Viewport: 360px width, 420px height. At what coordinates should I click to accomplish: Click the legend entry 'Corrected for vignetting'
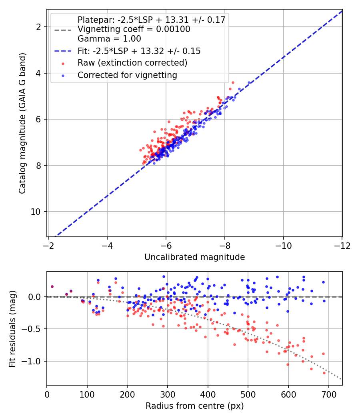[127, 75]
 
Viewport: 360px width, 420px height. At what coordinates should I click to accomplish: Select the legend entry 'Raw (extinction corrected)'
[132, 63]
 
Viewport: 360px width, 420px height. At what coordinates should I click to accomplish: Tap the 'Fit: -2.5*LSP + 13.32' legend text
[139, 51]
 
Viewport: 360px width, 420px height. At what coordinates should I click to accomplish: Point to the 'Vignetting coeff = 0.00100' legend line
[134, 29]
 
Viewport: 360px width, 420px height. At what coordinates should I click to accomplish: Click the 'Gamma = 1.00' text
[109, 39]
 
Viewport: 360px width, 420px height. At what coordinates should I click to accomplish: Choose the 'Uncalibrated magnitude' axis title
[194, 257]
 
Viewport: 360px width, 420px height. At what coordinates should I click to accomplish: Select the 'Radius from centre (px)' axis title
[194, 406]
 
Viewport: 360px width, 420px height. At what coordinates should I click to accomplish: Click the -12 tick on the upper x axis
[342, 245]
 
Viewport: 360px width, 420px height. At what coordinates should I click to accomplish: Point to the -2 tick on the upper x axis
[48, 245]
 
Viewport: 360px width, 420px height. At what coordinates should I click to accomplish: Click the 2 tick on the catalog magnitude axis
[39, 27]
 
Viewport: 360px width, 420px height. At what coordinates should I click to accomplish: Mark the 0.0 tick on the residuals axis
[35, 297]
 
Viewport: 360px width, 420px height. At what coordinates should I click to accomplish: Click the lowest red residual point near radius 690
[324, 373]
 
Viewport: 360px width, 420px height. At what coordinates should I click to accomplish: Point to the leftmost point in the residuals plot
[52, 286]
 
